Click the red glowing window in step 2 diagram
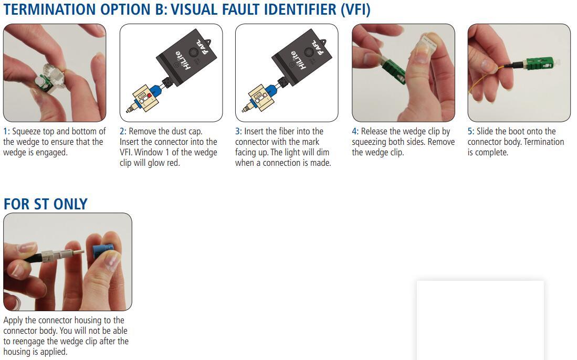point(150,96)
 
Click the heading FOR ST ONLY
point(46,204)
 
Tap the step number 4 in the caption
point(354,131)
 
